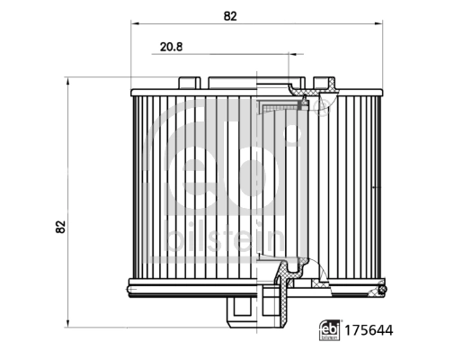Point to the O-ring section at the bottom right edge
click(380, 289)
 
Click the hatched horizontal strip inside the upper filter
click(279, 108)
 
